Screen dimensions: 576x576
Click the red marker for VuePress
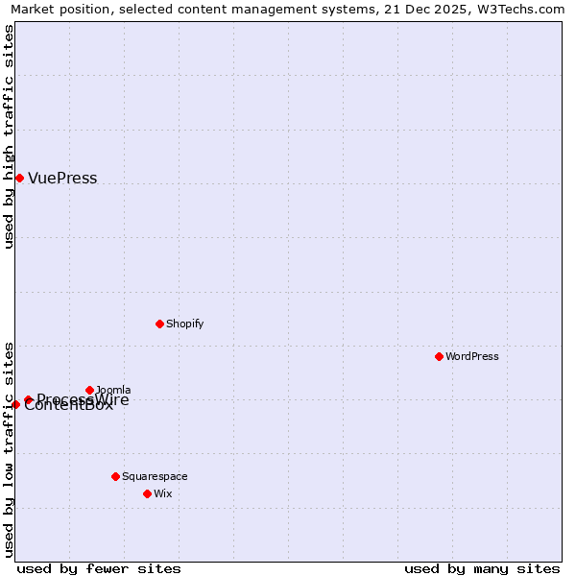click(x=19, y=178)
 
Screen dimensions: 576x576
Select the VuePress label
click(x=62, y=179)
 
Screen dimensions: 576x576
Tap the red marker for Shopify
click(x=159, y=324)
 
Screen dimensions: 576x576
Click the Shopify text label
click(x=184, y=324)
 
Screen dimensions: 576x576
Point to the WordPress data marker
click(x=439, y=356)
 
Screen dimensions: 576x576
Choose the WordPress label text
click(x=472, y=357)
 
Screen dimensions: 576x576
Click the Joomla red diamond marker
click(x=89, y=390)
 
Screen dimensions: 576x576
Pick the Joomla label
click(x=114, y=390)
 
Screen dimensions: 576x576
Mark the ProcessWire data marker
click(x=28, y=399)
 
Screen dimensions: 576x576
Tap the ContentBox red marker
click(x=15, y=404)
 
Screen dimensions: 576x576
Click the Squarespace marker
click(x=115, y=476)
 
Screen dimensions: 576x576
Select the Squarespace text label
click(x=155, y=477)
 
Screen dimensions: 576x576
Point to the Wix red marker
click(x=147, y=493)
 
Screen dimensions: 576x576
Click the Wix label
click(x=163, y=494)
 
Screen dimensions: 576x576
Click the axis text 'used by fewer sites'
click(x=99, y=568)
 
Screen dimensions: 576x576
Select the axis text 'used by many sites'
click(x=482, y=568)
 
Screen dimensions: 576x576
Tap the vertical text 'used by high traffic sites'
click(x=9, y=136)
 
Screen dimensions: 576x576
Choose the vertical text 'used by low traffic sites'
click(x=9, y=448)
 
